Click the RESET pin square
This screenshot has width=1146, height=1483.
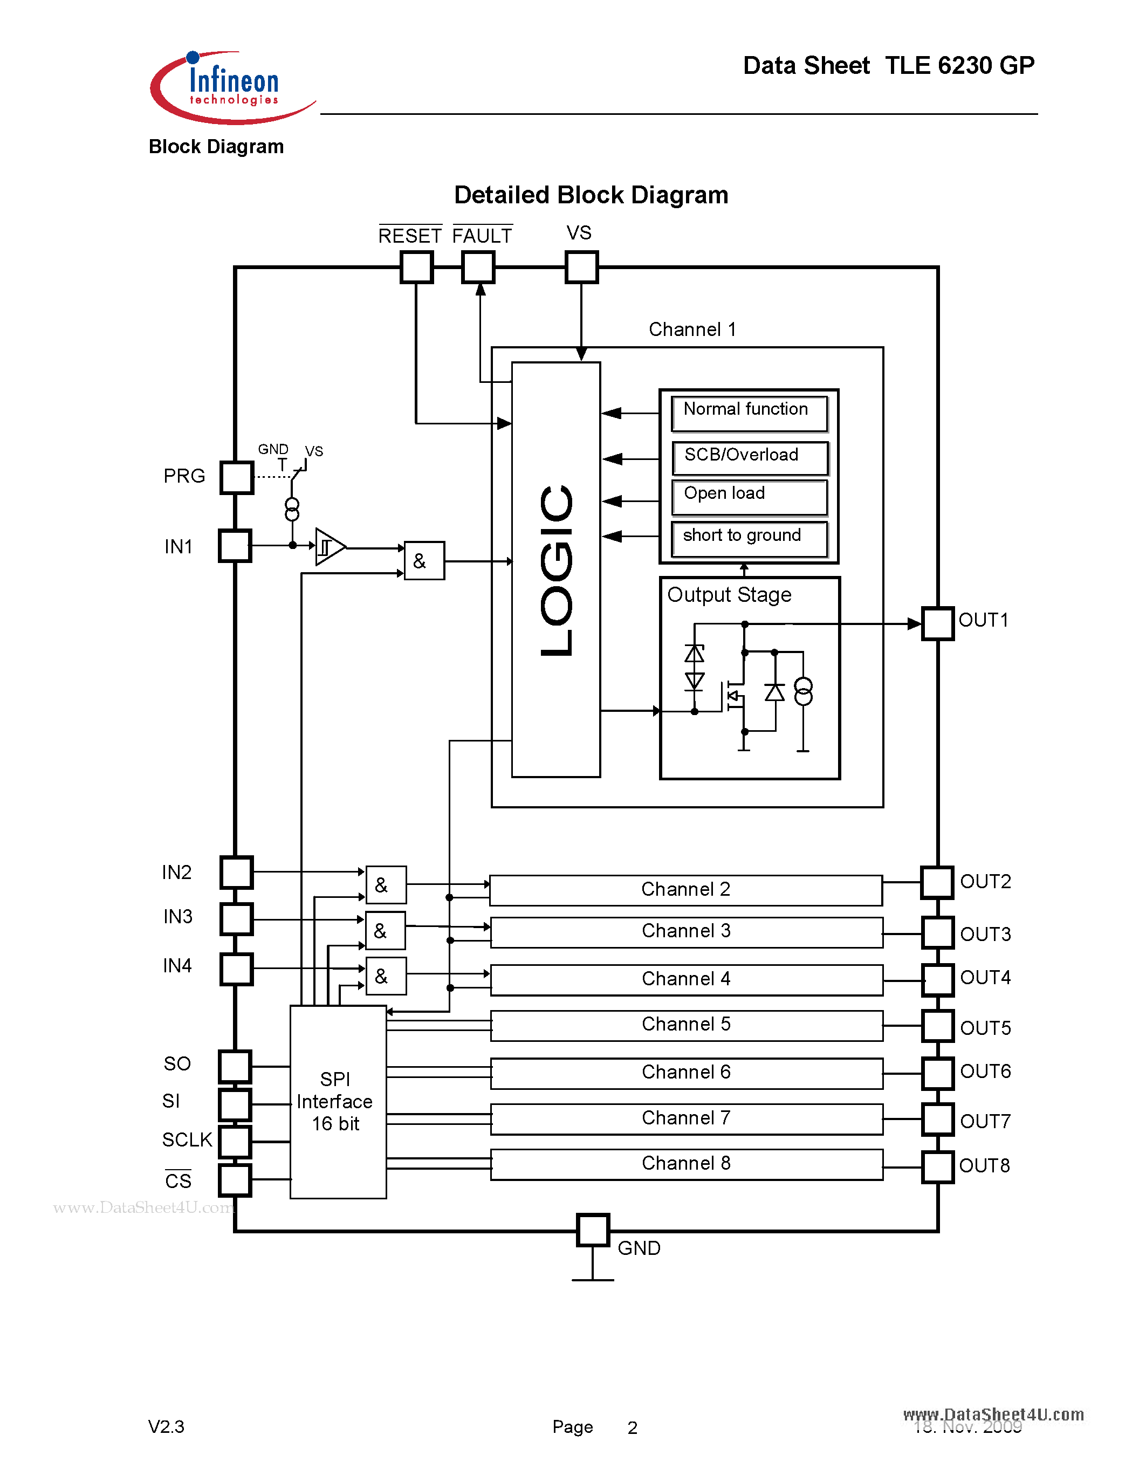[x=416, y=267]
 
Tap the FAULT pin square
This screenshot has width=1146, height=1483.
[x=478, y=267]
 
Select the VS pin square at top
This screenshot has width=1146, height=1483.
[x=581, y=267]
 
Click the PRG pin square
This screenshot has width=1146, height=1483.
[x=236, y=477]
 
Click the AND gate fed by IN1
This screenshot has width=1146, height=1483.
[x=424, y=561]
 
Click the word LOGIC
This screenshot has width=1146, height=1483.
[x=557, y=571]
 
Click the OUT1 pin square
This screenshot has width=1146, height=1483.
[x=938, y=623]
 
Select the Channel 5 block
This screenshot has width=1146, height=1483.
[x=687, y=1025]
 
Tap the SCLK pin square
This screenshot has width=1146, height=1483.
[x=235, y=1142]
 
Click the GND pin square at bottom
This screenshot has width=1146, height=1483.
[x=592, y=1230]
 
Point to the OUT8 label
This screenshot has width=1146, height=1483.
[x=984, y=1166]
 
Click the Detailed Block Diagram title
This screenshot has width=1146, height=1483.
[x=591, y=195]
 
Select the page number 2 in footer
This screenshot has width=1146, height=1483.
[x=632, y=1427]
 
